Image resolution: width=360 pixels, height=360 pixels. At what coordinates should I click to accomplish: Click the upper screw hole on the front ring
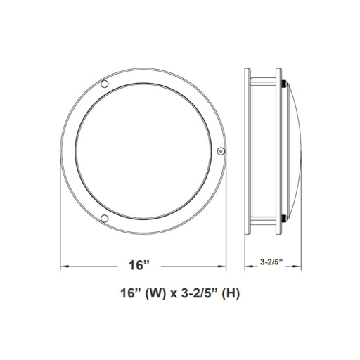pos(104,84)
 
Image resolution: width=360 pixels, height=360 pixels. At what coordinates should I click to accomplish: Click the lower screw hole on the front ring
pos(104,219)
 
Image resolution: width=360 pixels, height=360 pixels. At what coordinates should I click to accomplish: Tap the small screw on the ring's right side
pos(221,151)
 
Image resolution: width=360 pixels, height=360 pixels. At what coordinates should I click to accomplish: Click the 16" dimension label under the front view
pos(139,265)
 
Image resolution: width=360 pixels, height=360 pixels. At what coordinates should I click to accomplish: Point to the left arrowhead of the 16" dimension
pos(65,266)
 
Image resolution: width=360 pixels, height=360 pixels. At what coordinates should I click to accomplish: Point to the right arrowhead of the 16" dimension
pos(222,266)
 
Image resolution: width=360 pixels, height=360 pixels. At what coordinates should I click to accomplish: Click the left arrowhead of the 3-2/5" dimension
pos(249,266)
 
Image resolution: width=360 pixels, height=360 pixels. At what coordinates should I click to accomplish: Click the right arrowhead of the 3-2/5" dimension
pos(297,266)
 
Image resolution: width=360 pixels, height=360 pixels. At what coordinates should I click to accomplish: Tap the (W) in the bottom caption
pos(155,293)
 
